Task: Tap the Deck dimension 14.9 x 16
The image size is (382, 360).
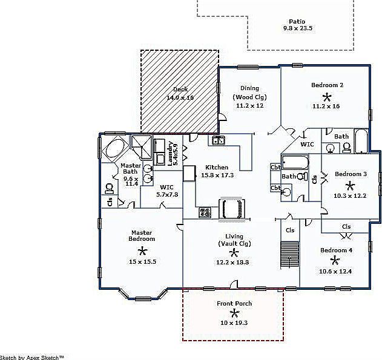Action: point(180,97)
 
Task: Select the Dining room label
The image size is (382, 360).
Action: point(249,88)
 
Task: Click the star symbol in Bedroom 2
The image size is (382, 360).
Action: point(327,96)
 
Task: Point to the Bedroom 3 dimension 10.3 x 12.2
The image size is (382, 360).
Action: point(351,195)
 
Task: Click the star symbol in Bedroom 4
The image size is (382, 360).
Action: point(335,260)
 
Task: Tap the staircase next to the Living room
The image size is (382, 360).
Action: point(291,254)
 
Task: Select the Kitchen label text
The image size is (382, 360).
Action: point(217,168)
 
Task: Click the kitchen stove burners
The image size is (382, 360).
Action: point(205,212)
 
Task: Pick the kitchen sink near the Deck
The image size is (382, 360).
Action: point(218,141)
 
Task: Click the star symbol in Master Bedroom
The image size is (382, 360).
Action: point(142,250)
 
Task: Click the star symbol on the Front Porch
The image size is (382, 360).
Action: point(234,313)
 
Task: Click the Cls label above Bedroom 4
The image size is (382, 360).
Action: point(346,227)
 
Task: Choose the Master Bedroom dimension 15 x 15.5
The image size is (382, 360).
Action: point(142,262)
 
